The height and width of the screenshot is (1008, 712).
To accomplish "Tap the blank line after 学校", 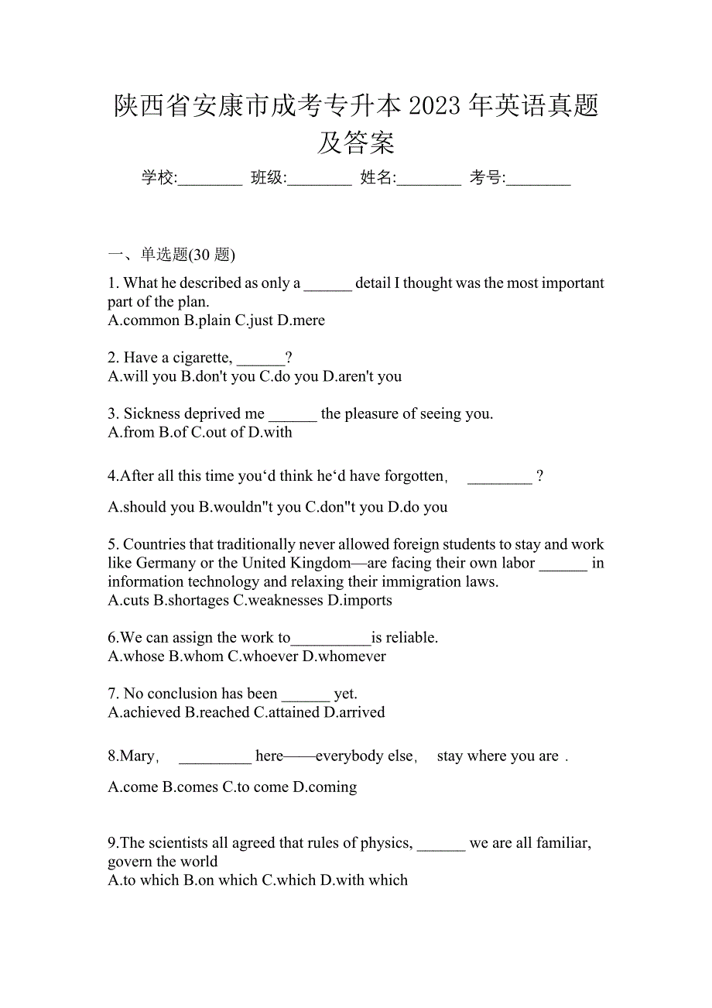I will (211, 180).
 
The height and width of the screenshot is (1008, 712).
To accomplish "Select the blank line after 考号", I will (539, 180).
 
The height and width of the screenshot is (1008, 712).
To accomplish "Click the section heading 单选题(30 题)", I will (188, 255).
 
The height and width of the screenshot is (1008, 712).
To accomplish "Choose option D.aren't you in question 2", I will (361, 377).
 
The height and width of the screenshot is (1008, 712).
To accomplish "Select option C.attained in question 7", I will (286, 712).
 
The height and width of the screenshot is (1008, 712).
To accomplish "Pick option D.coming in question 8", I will (324, 787).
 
